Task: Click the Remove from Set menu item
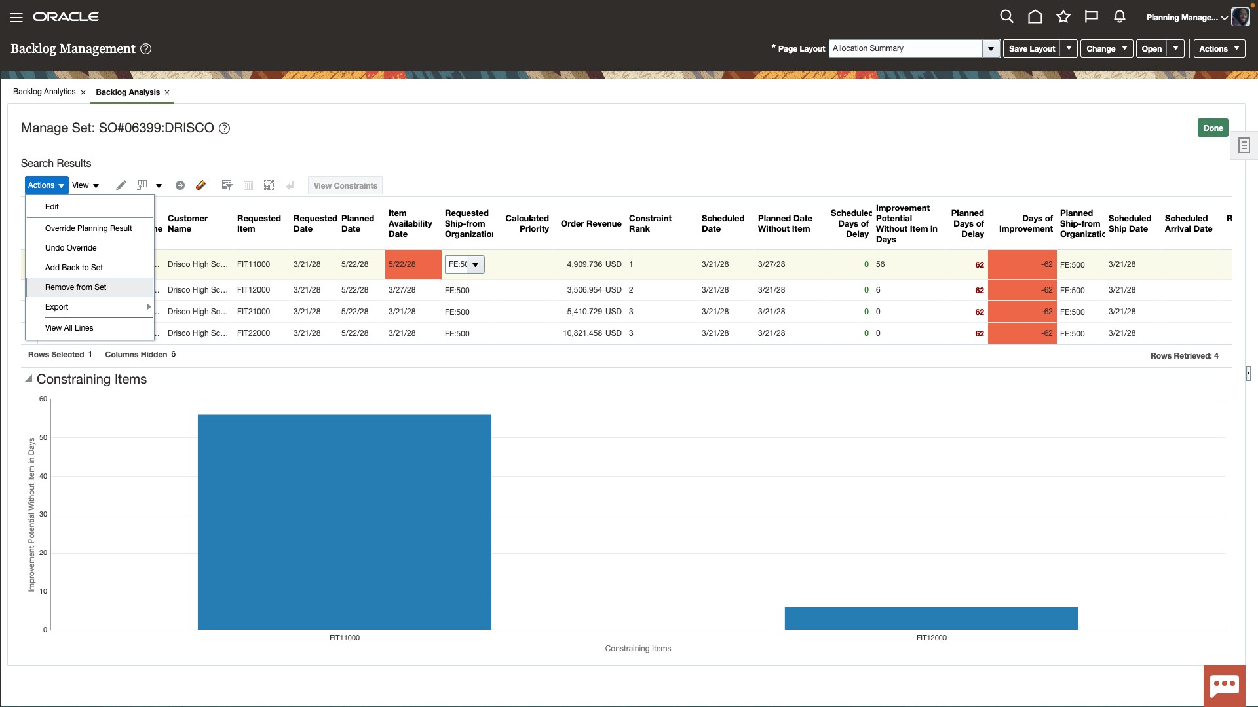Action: click(75, 287)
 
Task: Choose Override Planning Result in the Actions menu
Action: click(88, 228)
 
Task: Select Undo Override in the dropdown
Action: click(71, 248)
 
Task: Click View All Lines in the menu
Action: click(69, 328)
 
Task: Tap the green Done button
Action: click(1212, 128)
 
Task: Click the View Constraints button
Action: click(345, 186)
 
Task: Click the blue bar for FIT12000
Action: click(931, 619)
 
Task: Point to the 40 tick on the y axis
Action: click(43, 476)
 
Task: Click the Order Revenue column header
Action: click(590, 224)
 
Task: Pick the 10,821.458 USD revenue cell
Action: click(592, 333)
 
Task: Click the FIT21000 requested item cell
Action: click(254, 312)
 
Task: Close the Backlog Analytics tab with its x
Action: click(83, 92)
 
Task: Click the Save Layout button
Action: click(1031, 48)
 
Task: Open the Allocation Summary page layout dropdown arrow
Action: click(991, 48)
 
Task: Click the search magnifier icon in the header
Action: click(1006, 17)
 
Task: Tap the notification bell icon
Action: click(1119, 17)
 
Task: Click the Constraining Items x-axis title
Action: click(638, 649)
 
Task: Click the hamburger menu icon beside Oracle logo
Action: click(16, 18)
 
